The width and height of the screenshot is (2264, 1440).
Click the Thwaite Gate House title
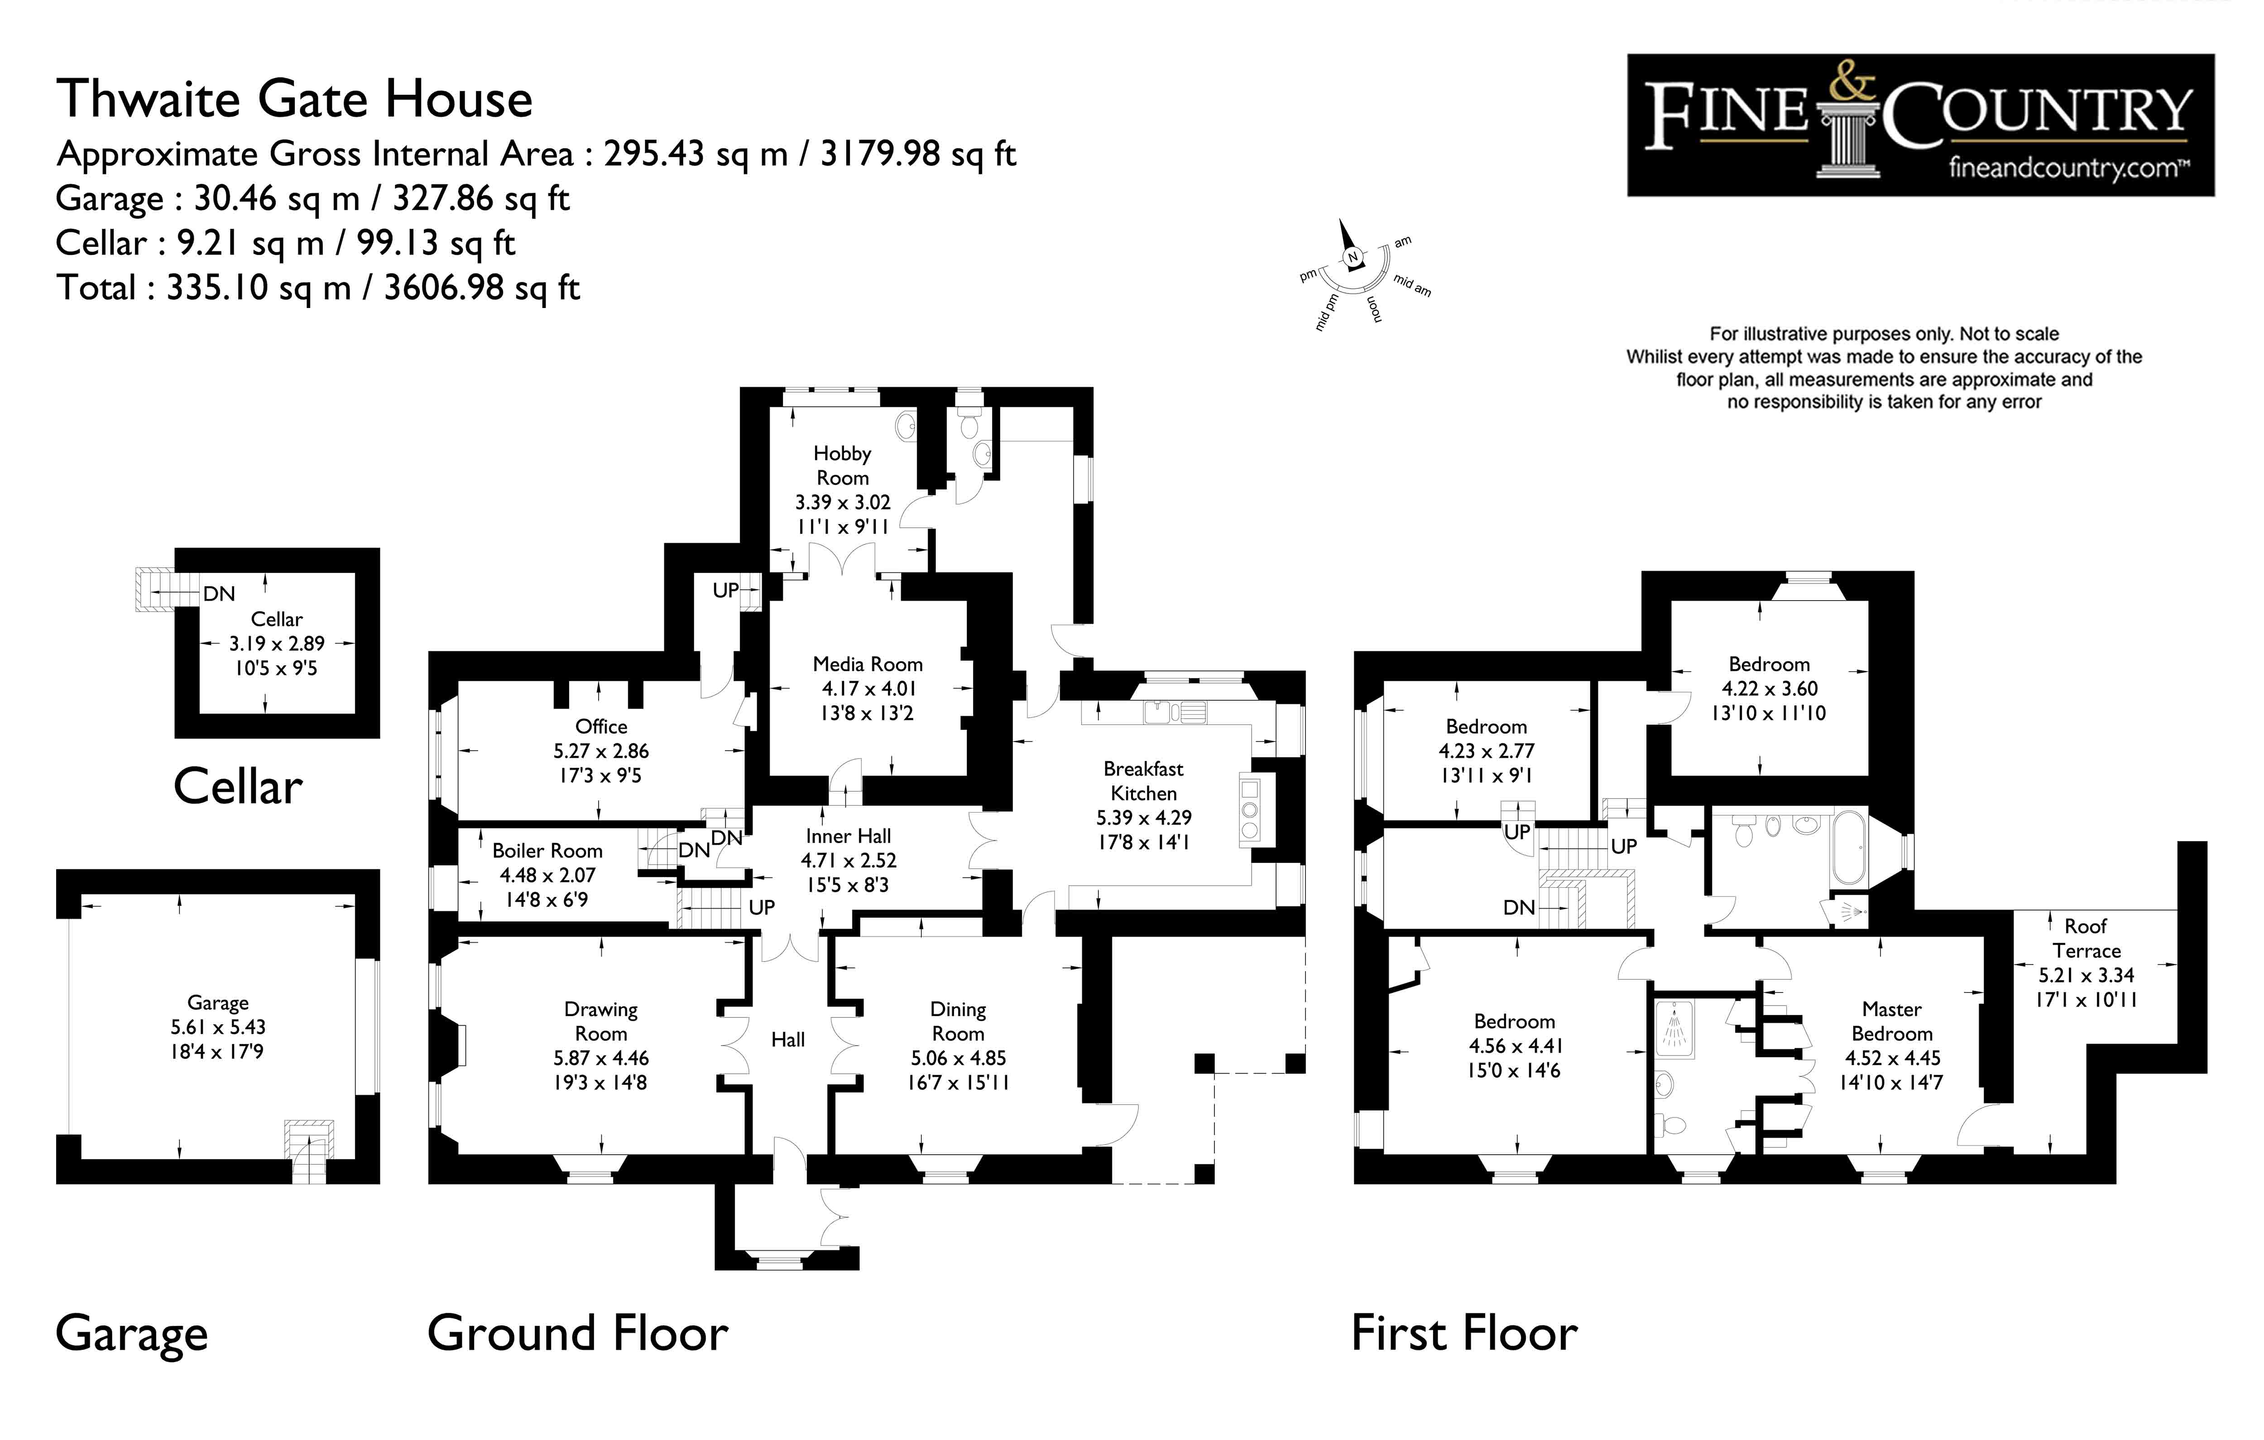coord(294,99)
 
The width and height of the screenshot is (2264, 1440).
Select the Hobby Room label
coord(842,466)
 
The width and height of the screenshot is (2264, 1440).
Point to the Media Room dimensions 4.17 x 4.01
coord(868,689)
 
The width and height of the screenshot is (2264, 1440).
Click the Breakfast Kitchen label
coord(1143,780)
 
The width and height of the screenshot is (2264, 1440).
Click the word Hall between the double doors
coord(788,1039)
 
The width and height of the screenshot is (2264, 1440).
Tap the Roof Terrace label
coord(2085,938)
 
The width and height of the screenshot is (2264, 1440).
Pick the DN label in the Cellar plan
coord(219,593)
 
